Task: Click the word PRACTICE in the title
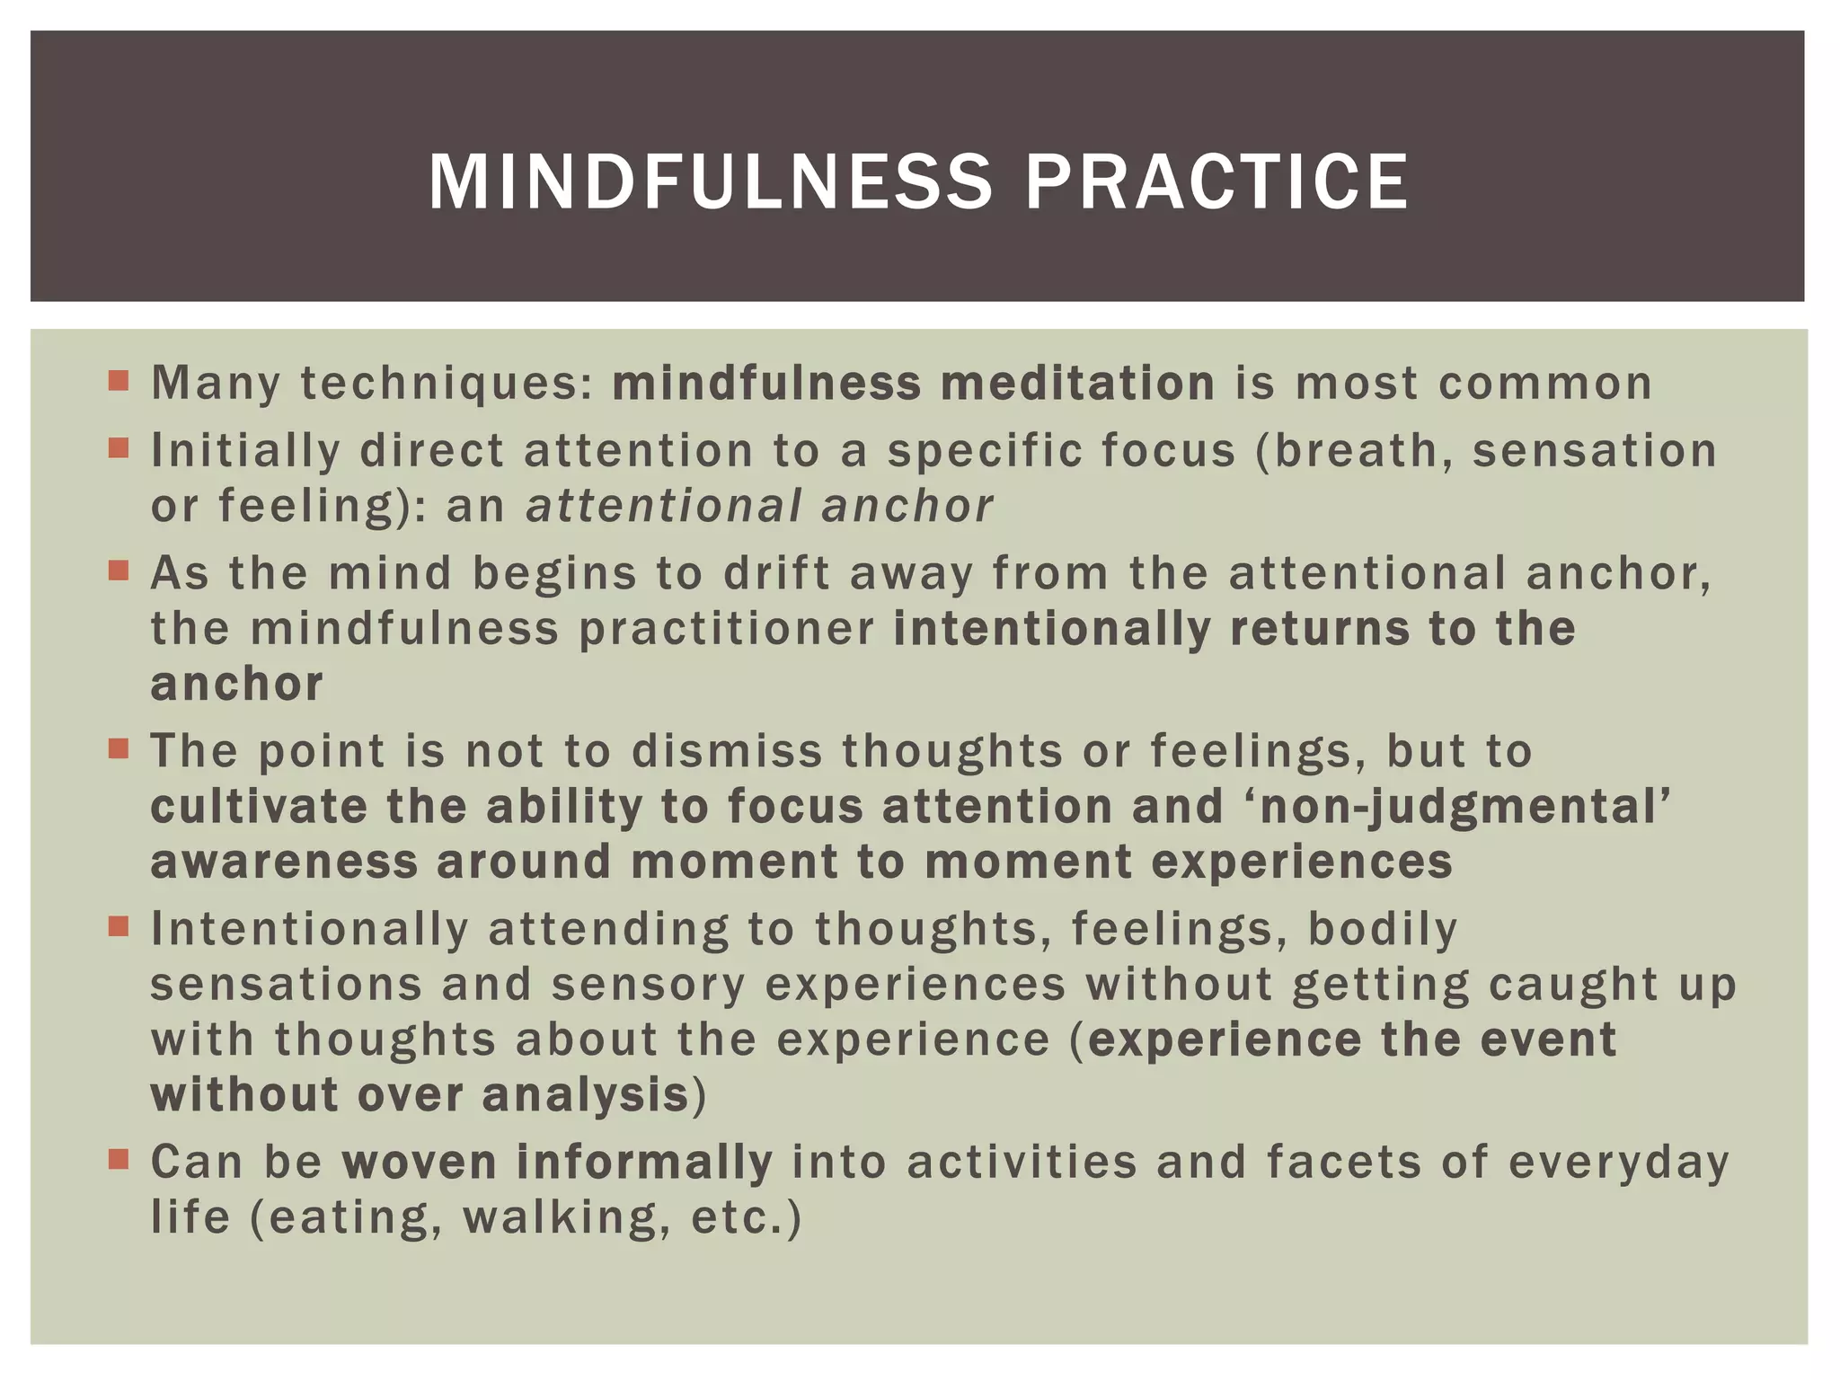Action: point(1216,182)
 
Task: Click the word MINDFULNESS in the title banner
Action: point(710,182)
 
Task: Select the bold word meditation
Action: point(1077,384)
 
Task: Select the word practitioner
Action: point(726,629)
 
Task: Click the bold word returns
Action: point(1319,629)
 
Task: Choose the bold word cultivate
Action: point(259,807)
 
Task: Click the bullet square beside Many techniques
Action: point(119,380)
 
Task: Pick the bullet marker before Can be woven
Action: point(119,1159)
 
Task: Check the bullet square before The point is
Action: point(119,748)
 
